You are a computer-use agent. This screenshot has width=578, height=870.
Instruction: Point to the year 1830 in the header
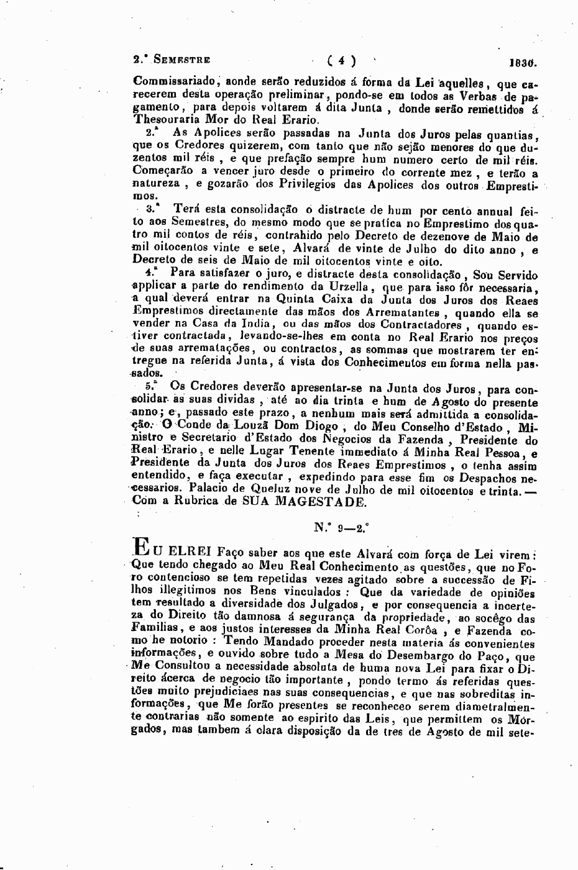521,63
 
